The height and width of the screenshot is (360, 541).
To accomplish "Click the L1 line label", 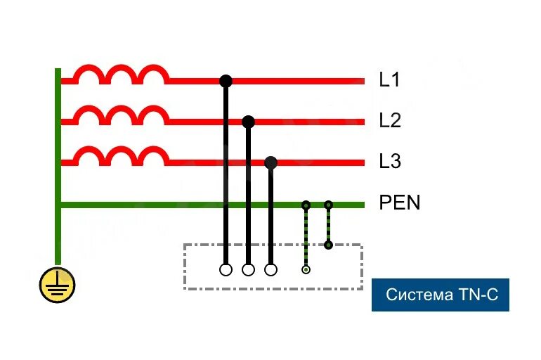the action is pyautogui.click(x=389, y=80).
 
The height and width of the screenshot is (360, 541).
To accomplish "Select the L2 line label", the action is pyautogui.click(x=389, y=121).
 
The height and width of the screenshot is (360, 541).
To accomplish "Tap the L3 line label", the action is pyautogui.click(x=389, y=162).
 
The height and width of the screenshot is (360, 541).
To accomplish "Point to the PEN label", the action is pyautogui.click(x=399, y=203).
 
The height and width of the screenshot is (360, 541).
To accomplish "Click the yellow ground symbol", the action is pyautogui.click(x=57, y=285).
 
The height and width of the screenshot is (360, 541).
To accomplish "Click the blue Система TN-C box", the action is pyautogui.click(x=440, y=295).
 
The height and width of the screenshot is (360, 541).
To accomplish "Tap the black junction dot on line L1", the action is pyautogui.click(x=226, y=81).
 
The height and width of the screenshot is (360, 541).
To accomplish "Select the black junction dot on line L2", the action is pyautogui.click(x=248, y=122).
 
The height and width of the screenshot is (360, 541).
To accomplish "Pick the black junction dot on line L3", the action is pyautogui.click(x=270, y=162).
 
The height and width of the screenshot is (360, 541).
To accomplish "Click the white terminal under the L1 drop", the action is pyautogui.click(x=226, y=269).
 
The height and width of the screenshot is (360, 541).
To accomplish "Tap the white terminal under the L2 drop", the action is pyautogui.click(x=248, y=269).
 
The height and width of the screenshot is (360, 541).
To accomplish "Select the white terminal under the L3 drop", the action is pyautogui.click(x=270, y=269).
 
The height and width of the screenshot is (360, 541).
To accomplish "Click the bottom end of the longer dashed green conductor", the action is pyautogui.click(x=306, y=269).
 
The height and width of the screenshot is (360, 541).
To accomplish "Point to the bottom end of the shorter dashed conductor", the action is pyautogui.click(x=328, y=245).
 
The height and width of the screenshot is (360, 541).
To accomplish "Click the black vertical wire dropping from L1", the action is pyautogui.click(x=226, y=176).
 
